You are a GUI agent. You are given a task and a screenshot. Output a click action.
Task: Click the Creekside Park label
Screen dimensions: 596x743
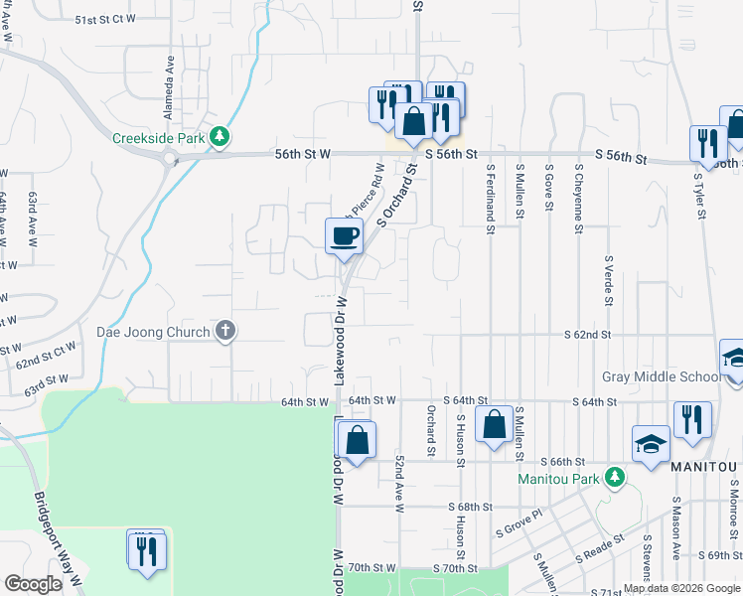point(158,138)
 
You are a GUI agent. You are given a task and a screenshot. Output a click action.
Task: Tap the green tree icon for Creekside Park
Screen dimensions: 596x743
point(224,138)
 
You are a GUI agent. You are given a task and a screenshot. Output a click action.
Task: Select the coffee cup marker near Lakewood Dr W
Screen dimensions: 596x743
point(344,236)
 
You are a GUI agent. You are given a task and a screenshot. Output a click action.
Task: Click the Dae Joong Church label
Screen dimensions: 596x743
point(153,332)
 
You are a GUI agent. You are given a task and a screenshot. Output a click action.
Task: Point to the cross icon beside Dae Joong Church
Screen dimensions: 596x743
point(225,332)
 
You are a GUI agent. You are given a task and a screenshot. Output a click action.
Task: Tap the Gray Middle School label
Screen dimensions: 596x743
point(663,377)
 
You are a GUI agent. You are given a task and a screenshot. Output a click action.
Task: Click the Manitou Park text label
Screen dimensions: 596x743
point(559,478)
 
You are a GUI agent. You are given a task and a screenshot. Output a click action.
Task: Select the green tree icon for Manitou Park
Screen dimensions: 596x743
point(616,478)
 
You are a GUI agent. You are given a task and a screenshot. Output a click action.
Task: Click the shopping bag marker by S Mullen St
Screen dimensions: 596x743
point(494,424)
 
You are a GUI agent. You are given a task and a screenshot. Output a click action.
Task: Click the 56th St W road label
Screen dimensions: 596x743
point(303,154)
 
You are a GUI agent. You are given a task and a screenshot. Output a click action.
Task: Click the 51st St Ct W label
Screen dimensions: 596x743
point(104,20)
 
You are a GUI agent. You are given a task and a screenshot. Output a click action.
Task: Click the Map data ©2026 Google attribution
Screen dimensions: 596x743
point(681,588)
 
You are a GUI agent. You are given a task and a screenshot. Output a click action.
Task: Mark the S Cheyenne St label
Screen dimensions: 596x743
point(578,199)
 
